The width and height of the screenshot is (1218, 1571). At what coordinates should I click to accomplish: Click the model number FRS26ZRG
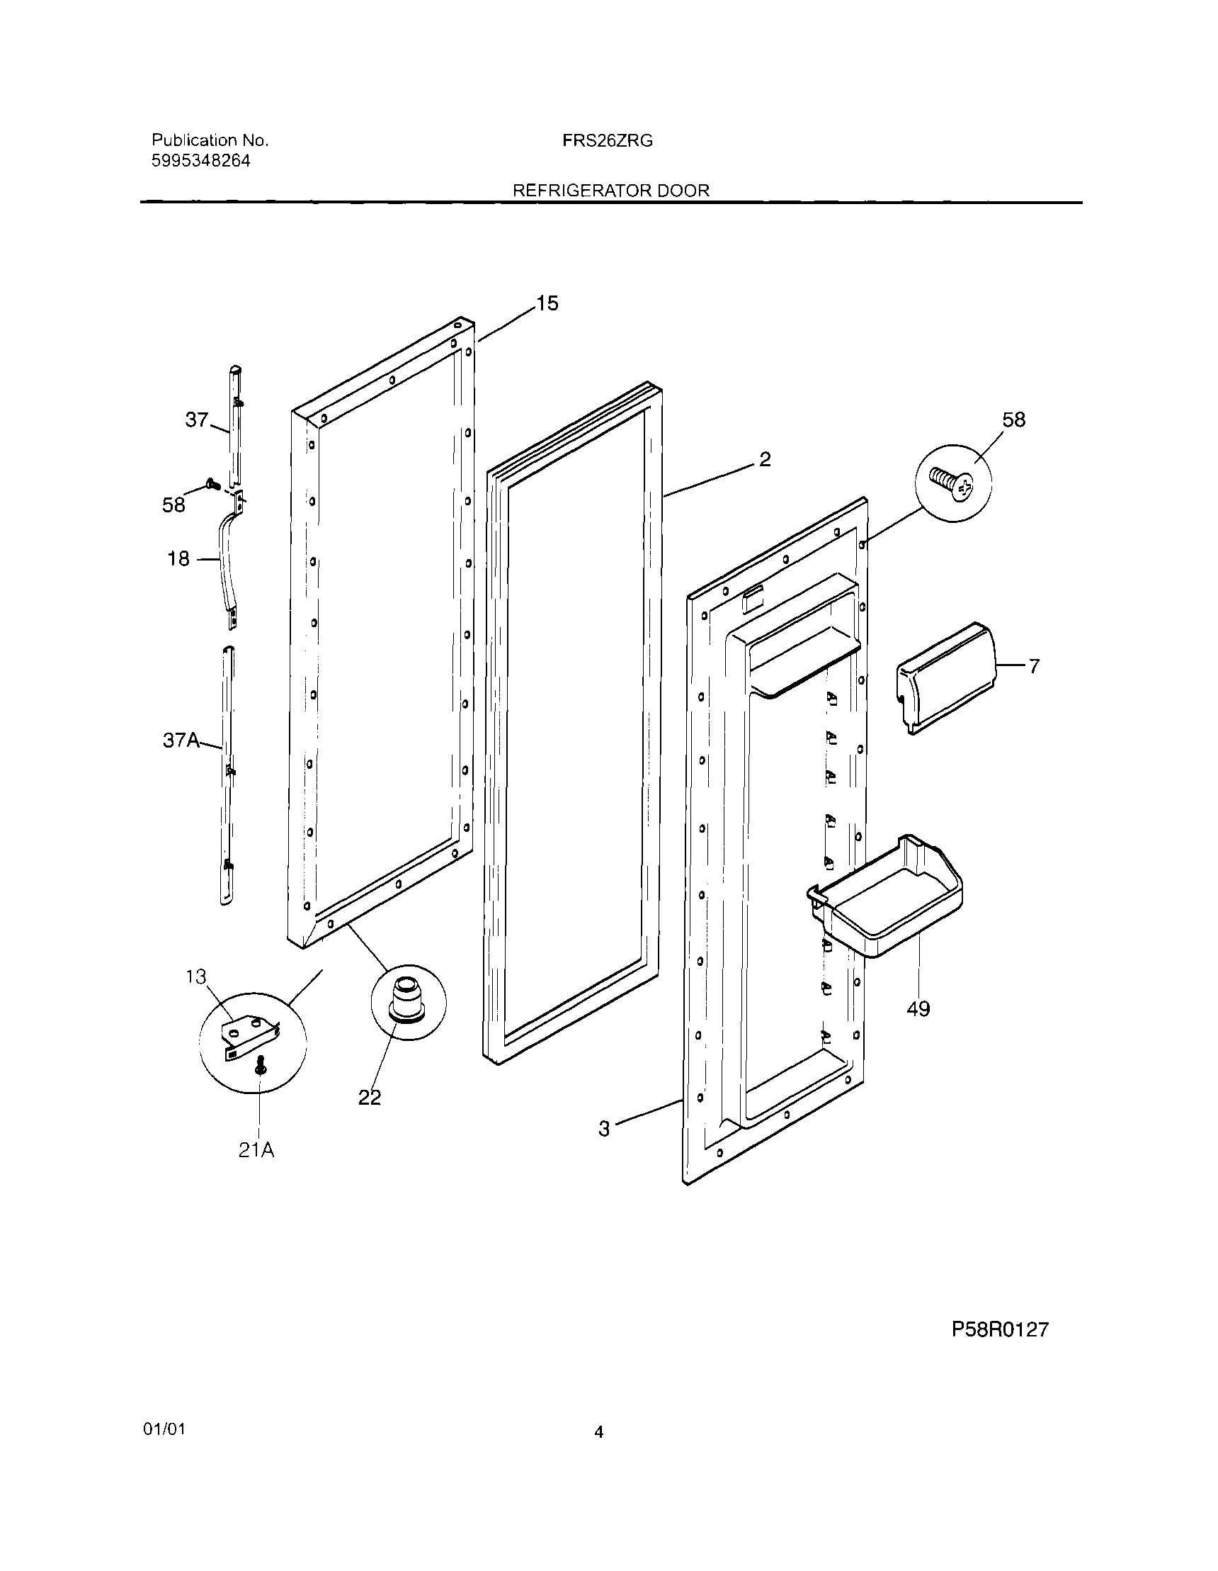[608, 141]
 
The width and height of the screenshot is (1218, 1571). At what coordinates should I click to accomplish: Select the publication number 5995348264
[200, 161]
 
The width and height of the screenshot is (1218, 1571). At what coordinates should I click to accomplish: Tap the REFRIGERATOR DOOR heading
[610, 191]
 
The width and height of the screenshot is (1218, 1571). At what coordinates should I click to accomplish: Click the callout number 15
[547, 303]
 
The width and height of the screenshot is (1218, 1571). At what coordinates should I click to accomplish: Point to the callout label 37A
[181, 741]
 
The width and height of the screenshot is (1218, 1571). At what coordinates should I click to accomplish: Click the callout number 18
[178, 558]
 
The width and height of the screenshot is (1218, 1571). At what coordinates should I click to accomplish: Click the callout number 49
[918, 1009]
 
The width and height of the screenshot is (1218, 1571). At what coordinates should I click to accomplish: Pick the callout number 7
[1033, 666]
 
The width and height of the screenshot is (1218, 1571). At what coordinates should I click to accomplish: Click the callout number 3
[604, 1129]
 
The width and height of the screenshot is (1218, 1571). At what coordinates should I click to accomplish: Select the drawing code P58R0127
[1000, 1329]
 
